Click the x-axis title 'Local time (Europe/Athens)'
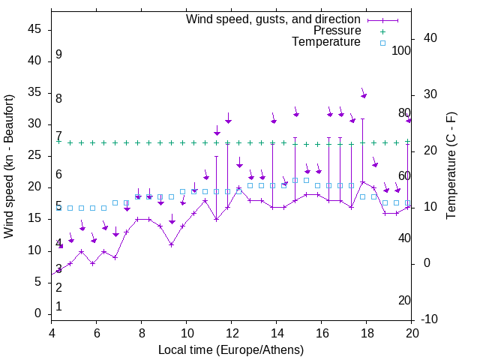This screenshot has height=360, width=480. [x=231, y=350]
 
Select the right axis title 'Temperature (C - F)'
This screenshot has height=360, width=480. [x=451, y=166]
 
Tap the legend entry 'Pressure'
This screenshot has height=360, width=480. [x=337, y=31]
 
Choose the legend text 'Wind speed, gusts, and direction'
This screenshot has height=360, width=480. [x=274, y=19]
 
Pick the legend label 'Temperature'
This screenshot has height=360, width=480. [x=326, y=42]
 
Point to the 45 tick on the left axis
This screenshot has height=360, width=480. [x=34, y=30]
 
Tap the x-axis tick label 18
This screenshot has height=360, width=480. [x=367, y=333]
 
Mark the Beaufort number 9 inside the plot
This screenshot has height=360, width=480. [x=58, y=55]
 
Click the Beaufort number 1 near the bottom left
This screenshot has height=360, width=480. [x=58, y=307]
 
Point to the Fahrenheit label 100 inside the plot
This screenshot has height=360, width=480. [x=401, y=50]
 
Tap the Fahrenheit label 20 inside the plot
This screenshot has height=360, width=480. [x=404, y=301]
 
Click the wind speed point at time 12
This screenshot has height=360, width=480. [x=238, y=188]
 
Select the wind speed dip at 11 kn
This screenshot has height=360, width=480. [x=171, y=244]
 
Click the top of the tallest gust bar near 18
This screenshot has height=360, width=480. [x=362, y=118]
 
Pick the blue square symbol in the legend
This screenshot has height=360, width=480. [x=382, y=43]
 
